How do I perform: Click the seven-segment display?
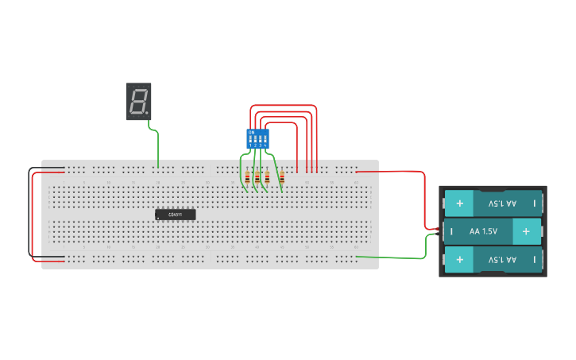pyautogui.click(x=138, y=101)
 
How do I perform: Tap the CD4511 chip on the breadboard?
pyautogui.click(x=175, y=215)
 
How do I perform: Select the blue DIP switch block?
pyautogui.click(x=257, y=138)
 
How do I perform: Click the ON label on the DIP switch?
pyautogui.click(x=251, y=131)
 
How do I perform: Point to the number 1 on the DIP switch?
pyautogui.click(x=250, y=145)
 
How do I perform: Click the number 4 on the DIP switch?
pyautogui.click(x=265, y=145)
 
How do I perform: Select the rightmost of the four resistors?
pyautogui.click(x=282, y=177)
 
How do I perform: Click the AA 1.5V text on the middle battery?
pyautogui.click(x=483, y=231)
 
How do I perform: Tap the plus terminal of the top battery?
pyautogui.click(x=459, y=203)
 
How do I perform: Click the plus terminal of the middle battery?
pyautogui.click(x=525, y=231)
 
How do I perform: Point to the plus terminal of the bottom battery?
pyautogui.click(x=459, y=260)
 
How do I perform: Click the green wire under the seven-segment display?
pyautogui.click(x=157, y=147)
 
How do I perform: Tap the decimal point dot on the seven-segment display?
pyautogui.click(x=147, y=112)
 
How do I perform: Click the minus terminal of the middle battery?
pyautogui.click(x=451, y=232)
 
